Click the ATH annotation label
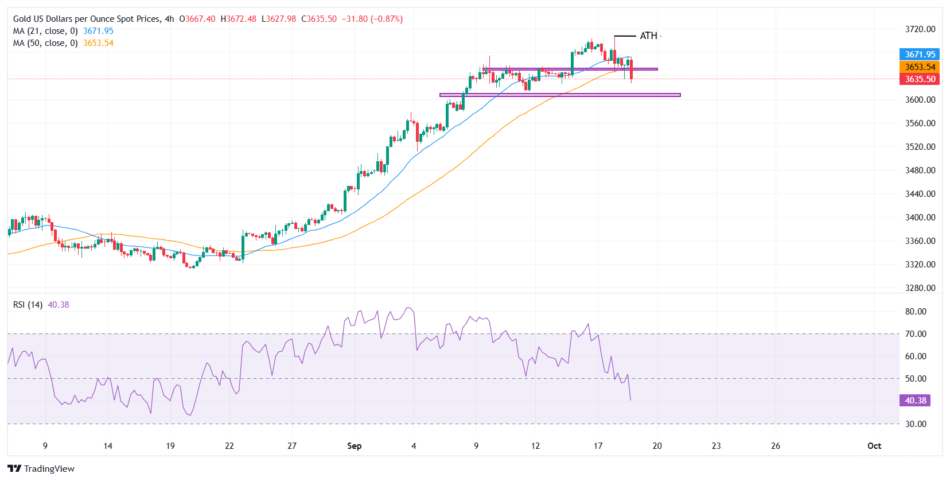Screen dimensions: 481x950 point(648,36)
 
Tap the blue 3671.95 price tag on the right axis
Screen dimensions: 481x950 point(920,55)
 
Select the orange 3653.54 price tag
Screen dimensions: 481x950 point(920,67)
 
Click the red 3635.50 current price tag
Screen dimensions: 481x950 point(920,79)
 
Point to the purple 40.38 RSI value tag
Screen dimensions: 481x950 point(915,401)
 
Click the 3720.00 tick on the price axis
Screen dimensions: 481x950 point(920,29)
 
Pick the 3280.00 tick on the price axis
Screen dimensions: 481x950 point(920,288)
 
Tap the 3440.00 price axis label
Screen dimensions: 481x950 point(920,194)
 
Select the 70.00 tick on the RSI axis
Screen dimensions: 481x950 point(916,334)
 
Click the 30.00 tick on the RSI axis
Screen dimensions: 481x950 point(916,424)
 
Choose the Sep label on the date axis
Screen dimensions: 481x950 point(355,446)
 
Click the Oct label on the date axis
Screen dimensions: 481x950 point(874,446)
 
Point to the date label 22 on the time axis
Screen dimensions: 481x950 point(229,446)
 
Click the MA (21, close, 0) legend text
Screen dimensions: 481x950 point(45,31)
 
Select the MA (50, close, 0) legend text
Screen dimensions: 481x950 point(45,43)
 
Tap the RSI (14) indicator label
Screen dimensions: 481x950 point(28,305)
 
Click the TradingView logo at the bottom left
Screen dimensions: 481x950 point(41,469)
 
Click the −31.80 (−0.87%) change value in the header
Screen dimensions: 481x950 point(372,19)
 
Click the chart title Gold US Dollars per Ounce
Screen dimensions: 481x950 point(86,19)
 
